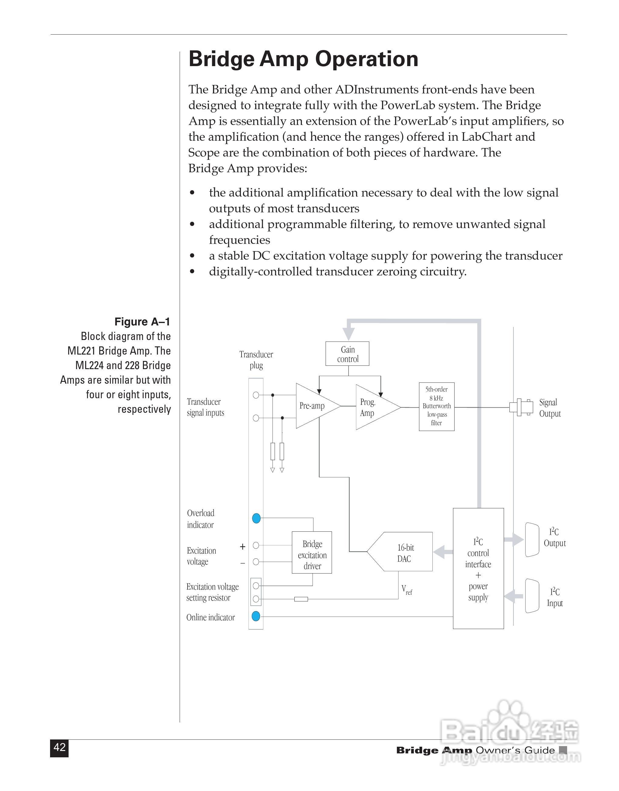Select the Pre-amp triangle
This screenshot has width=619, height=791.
[314, 406]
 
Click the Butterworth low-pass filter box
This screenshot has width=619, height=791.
[436, 406]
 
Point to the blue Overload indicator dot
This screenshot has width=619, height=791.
[256, 518]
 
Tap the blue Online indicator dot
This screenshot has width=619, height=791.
[256, 616]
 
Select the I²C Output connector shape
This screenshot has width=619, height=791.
[532, 540]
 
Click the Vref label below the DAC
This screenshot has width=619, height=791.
[406, 590]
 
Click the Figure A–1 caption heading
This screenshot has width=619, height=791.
[142, 321]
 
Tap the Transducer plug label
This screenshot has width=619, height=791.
[256, 360]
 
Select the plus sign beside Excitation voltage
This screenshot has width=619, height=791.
[242, 547]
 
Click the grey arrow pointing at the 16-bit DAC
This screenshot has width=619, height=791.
[442, 552]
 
